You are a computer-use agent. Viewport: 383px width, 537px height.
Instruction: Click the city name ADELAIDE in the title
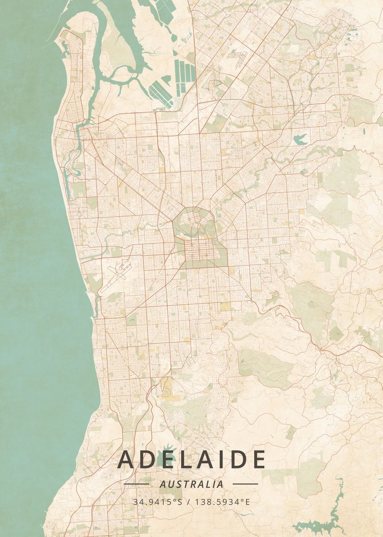(191, 460)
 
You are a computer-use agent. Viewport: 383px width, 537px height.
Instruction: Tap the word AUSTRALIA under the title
(191, 484)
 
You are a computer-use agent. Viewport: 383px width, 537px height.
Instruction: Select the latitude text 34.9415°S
(157, 502)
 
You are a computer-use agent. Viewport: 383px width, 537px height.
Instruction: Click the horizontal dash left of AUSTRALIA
(136, 484)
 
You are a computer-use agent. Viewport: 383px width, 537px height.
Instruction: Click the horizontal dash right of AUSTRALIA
(245, 484)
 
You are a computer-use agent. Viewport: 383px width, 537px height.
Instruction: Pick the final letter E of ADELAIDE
(258, 460)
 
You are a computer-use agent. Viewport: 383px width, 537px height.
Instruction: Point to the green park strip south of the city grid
(201, 264)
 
